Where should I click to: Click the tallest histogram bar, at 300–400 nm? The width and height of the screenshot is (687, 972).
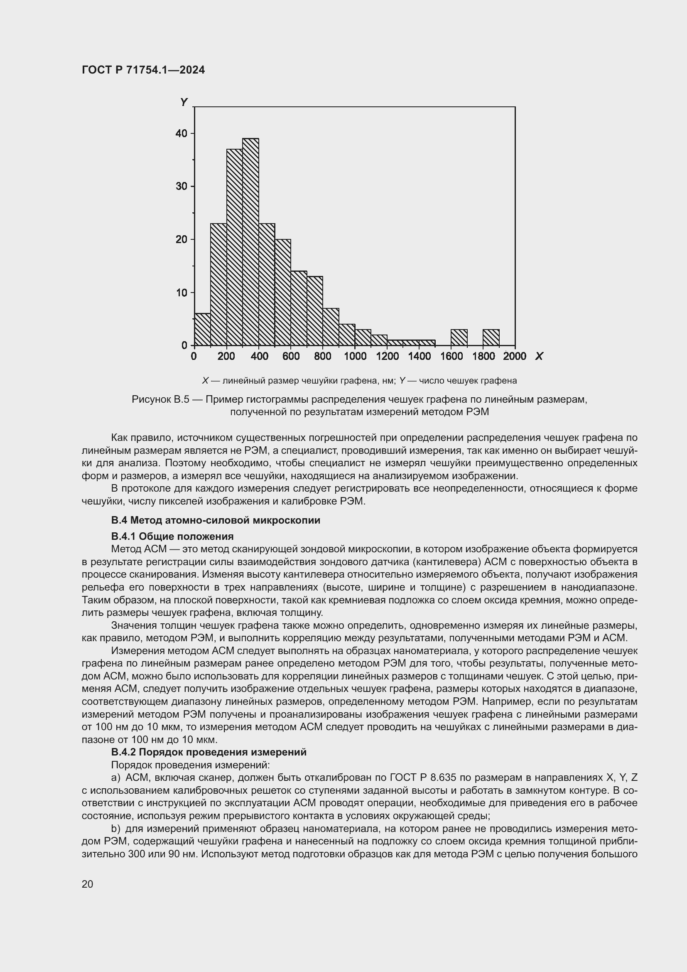(x=250, y=241)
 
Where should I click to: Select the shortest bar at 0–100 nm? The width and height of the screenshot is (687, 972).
(x=202, y=330)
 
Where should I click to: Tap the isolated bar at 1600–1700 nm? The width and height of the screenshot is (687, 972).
(x=459, y=337)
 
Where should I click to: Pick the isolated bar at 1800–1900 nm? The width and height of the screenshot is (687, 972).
(x=491, y=337)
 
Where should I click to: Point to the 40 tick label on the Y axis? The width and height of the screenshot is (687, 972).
(x=181, y=133)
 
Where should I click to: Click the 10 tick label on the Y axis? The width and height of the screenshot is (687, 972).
(x=181, y=293)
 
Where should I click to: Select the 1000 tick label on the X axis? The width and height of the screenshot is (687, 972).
(x=355, y=357)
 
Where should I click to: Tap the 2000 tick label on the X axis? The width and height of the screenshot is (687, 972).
(x=514, y=357)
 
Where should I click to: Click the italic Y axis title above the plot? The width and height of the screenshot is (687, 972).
(x=184, y=102)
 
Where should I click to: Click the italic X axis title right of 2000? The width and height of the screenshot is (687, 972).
(x=539, y=357)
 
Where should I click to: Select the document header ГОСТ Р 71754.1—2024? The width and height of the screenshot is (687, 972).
(x=143, y=70)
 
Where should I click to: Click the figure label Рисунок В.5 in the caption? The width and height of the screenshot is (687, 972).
(x=160, y=399)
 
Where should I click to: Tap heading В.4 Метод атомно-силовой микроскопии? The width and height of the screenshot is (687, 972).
(x=215, y=520)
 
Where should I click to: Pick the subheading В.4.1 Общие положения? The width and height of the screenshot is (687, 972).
(x=172, y=537)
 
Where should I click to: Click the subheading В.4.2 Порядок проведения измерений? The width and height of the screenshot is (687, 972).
(x=209, y=752)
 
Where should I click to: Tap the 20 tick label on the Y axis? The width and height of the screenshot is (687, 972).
(x=181, y=240)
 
